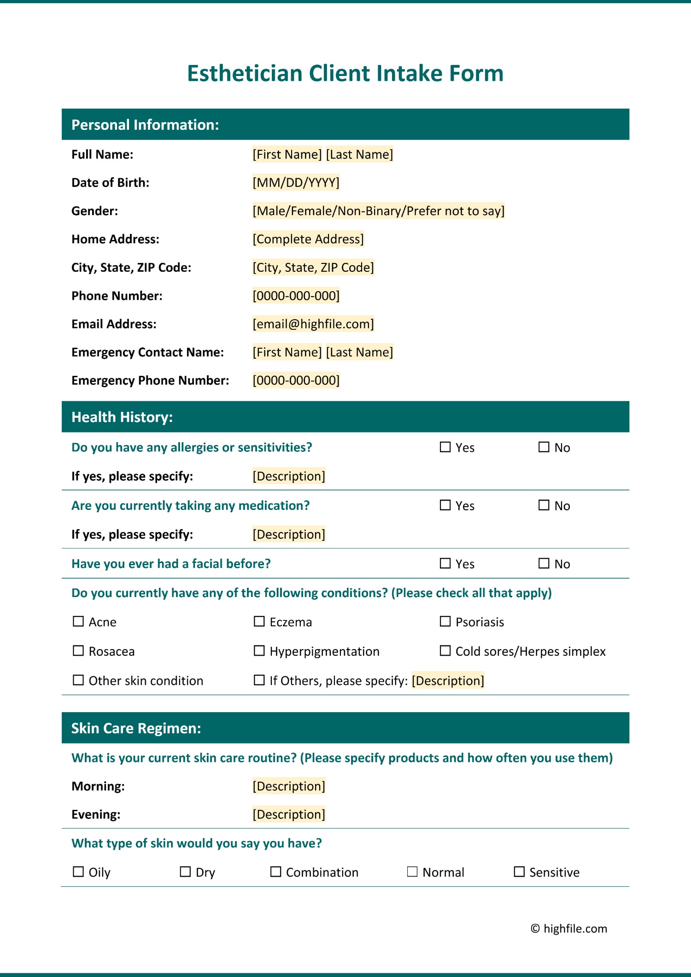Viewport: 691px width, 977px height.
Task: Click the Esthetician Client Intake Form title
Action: tap(345, 73)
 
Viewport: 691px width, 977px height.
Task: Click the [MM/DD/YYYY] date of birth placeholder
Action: tap(296, 183)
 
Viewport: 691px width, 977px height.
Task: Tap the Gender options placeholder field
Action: tap(378, 211)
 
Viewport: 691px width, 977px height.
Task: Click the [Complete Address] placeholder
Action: tap(308, 239)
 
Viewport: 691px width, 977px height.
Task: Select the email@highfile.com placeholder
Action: tap(313, 324)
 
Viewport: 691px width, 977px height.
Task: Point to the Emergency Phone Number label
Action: tap(150, 380)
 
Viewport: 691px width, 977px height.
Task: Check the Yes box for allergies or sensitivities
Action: tap(445, 447)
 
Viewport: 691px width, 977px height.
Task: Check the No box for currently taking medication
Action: tap(544, 505)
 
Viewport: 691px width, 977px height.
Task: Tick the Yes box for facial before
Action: tap(445, 563)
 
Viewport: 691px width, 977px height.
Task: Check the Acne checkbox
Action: tap(78, 622)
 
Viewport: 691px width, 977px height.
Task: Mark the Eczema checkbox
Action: tap(259, 622)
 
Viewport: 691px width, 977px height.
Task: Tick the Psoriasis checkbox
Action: tap(445, 622)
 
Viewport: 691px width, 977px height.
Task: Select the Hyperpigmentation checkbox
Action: tap(259, 651)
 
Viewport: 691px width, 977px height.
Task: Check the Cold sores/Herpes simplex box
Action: tap(445, 651)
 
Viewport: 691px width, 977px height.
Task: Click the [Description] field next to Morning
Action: tap(289, 786)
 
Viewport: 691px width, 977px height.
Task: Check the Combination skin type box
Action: tap(275, 872)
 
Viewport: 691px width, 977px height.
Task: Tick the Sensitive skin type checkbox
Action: tap(519, 872)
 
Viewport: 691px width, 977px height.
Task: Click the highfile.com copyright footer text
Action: tap(569, 929)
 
